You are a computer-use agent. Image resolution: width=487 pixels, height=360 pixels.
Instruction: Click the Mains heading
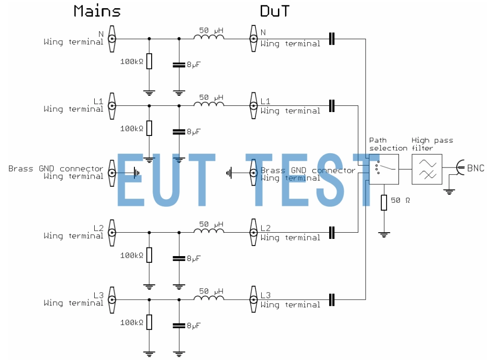(97, 11)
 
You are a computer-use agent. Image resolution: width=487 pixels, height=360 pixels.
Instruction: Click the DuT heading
(275, 11)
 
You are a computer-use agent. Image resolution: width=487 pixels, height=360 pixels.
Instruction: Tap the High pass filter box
(427, 169)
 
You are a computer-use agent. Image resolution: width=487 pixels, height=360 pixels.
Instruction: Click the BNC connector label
(476, 168)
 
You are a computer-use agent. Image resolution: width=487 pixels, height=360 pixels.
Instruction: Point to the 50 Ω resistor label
(400, 200)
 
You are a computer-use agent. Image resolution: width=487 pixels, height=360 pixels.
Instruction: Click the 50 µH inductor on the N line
(209, 38)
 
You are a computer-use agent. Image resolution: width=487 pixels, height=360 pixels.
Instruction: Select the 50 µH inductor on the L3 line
(209, 299)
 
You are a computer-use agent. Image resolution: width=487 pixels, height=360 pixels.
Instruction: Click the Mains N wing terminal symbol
(112, 38)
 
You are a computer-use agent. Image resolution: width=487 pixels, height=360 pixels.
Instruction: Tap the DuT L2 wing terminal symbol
(253, 233)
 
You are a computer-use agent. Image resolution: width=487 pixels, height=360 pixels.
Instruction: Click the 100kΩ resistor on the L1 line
(149, 128)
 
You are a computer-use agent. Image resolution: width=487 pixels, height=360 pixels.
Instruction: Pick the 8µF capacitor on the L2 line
(179, 258)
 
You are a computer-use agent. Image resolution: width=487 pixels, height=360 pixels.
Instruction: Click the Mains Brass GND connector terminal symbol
(112, 172)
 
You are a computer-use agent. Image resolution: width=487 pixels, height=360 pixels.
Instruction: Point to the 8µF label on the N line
(193, 65)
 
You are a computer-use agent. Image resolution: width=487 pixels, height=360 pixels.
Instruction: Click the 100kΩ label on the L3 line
(132, 323)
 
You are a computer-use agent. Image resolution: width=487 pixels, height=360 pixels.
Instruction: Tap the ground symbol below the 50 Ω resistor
(384, 234)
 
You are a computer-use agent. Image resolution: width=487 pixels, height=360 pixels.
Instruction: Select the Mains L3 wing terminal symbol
(112, 300)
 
